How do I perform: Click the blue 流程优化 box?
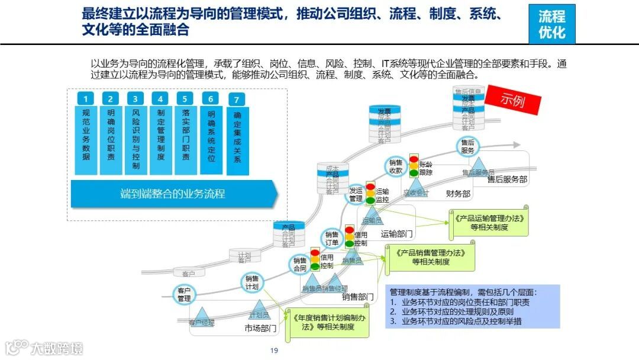(x=551, y=24)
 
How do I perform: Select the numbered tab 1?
(x=86, y=99)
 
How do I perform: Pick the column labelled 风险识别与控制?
(x=136, y=140)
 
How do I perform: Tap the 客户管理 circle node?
(x=184, y=294)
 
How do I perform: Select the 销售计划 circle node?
(x=251, y=283)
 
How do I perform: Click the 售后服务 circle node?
(x=467, y=146)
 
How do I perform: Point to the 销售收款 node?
(x=396, y=166)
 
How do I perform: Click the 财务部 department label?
(x=458, y=194)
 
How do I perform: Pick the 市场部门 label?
(x=261, y=327)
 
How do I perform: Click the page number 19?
(x=274, y=351)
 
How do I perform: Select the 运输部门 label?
(x=396, y=233)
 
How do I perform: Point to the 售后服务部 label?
(x=507, y=179)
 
